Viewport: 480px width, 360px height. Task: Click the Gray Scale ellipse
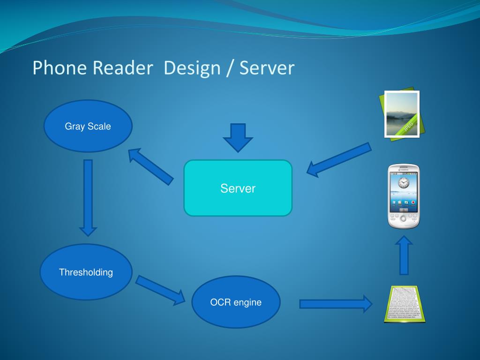tap(88, 126)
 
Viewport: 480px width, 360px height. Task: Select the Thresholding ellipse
tap(86, 272)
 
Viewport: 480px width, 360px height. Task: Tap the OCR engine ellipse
tap(236, 302)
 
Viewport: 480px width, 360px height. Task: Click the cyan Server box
tap(238, 188)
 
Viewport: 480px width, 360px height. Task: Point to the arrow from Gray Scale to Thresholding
tap(88, 197)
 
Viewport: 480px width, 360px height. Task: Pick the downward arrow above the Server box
tap(238, 137)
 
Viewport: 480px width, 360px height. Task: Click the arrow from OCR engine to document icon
tap(336, 304)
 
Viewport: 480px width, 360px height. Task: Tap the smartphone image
tap(404, 196)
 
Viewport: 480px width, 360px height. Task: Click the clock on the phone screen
tap(404, 182)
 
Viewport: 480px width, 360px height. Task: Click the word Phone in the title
tap(60, 68)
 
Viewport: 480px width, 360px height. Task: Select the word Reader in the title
tap(123, 68)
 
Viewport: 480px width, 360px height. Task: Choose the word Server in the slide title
tap(267, 68)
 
